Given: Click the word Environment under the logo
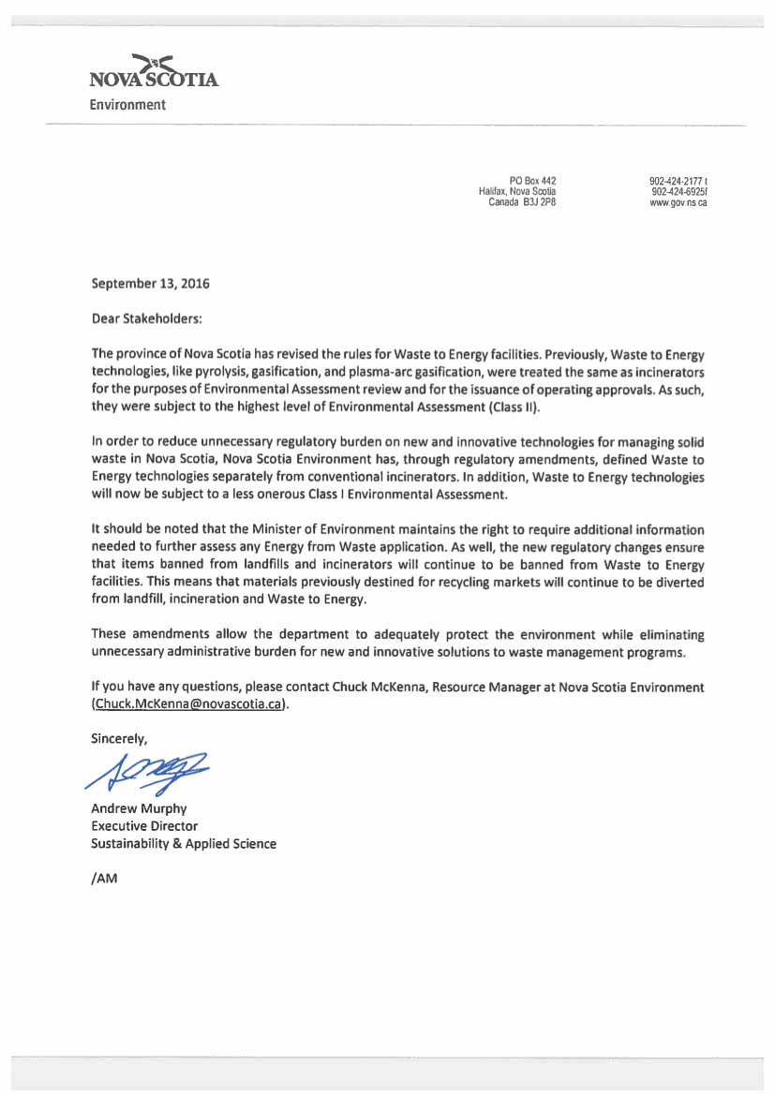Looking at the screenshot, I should click(x=127, y=105).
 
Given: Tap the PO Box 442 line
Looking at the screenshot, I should click(x=533, y=181).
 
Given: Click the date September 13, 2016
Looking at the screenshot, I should click(x=150, y=283).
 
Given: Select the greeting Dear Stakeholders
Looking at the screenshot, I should click(x=146, y=318).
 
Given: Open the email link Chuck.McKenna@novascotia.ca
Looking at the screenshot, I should click(x=189, y=703).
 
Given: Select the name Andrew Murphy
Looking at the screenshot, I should click(x=139, y=808).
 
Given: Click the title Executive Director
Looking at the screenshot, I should click(x=144, y=826).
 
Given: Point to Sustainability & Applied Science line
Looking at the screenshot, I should click(x=184, y=844).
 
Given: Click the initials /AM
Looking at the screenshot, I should click(x=104, y=879).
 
